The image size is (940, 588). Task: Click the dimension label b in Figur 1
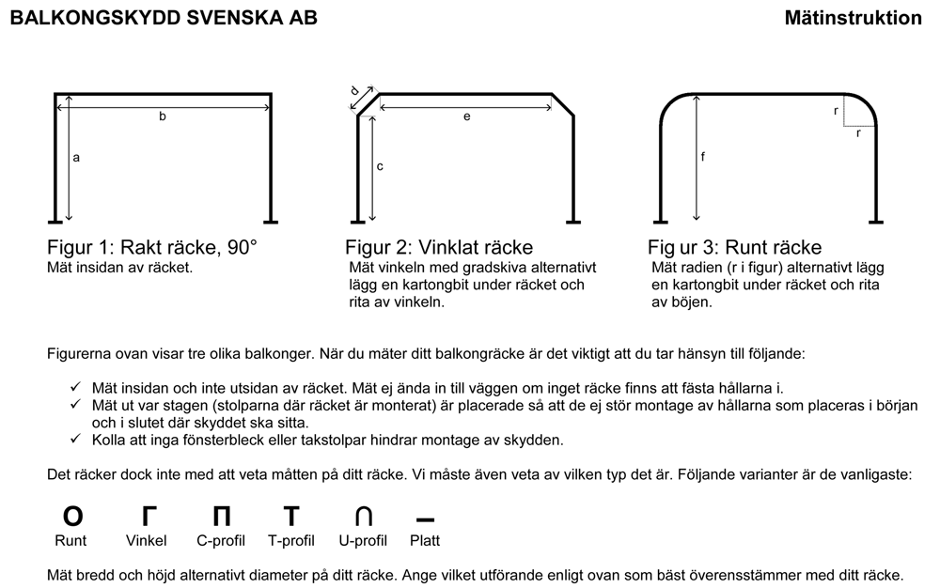click(162, 116)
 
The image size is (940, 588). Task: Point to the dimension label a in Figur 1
click(76, 158)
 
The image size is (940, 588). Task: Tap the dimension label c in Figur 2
click(380, 166)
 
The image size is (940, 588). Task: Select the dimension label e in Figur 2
click(466, 116)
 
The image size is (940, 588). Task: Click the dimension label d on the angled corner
click(354, 91)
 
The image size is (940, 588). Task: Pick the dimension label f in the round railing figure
click(702, 157)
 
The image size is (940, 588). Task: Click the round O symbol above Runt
click(72, 516)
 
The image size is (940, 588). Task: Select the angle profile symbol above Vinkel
click(149, 516)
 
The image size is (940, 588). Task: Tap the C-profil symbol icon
click(221, 516)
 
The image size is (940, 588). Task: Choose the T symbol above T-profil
click(291, 516)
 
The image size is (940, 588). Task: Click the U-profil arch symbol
click(363, 516)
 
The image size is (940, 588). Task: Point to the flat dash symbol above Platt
click(425, 519)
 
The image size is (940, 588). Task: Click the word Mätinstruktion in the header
click(854, 18)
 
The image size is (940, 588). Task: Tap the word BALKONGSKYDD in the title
click(95, 18)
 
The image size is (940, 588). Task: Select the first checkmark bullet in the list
click(75, 387)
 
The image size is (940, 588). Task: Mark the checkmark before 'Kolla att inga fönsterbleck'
click(75, 439)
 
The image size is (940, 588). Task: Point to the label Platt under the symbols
click(425, 541)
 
